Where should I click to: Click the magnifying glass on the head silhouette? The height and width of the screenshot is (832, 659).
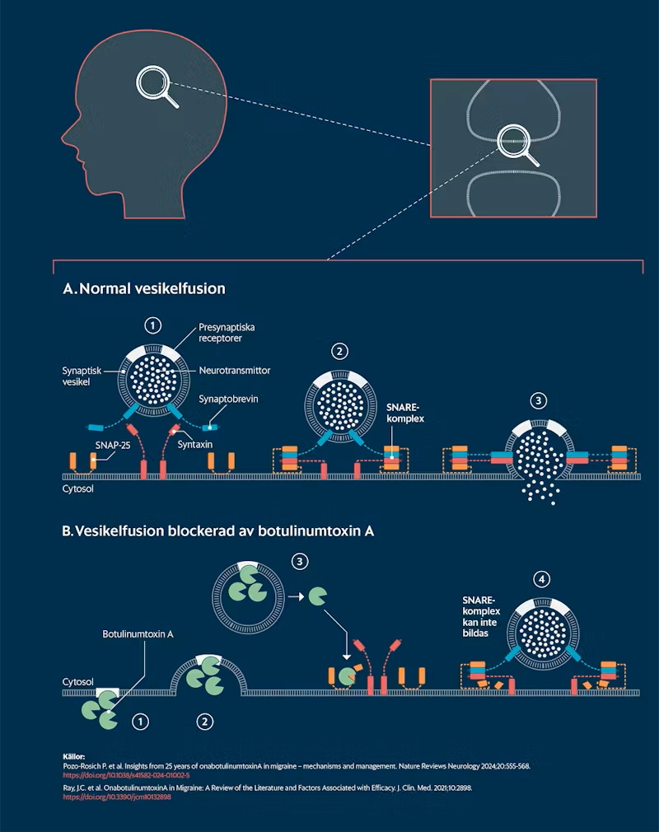pos(157,86)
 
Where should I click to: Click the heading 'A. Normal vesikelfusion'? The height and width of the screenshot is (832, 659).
pos(144,289)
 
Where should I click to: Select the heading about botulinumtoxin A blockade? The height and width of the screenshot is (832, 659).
pos(218,531)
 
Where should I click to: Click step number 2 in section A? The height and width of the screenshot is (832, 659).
pos(339,352)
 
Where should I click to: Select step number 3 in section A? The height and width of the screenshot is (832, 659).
pos(538,401)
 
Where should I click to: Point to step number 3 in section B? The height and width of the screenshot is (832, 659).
pos(299,562)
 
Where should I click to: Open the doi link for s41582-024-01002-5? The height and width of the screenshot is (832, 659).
pos(126,775)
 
